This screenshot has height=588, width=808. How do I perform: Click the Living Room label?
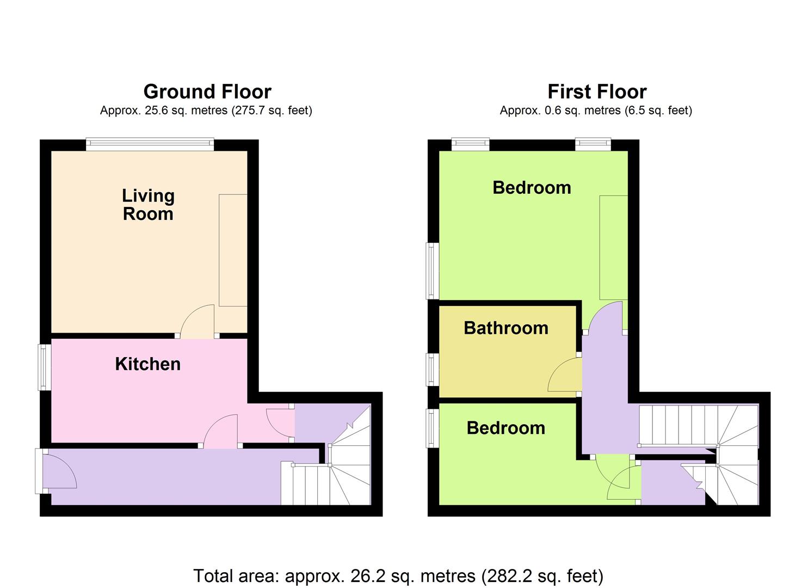[x=148, y=205]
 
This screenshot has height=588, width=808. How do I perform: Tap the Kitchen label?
[x=148, y=364]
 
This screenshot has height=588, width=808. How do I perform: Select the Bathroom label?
[x=505, y=328]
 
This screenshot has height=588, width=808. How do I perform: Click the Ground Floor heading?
[x=207, y=91]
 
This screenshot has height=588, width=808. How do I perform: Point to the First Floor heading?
[x=597, y=91]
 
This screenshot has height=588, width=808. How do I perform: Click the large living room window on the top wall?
[x=150, y=144]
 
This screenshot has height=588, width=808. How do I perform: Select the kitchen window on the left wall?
[x=45, y=367]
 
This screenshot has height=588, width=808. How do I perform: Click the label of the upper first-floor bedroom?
[x=532, y=188]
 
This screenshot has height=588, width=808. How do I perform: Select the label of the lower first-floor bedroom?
[x=505, y=428]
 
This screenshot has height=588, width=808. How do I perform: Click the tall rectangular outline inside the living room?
[x=233, y=250]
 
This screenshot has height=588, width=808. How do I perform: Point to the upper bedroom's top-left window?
[x=470, y=144]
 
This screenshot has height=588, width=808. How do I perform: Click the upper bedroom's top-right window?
[x=593, y=144]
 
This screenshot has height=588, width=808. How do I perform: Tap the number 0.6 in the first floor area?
[x=552, y=110]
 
